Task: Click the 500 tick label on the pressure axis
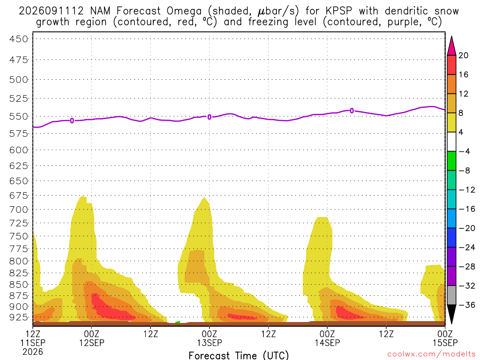click(x=19, y=80)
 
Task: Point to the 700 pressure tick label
click(x=19, y=210)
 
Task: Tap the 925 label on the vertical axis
click(x=19, y=317)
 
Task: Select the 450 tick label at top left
click(x=19, y=39)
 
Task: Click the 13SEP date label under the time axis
click(x=210, y=343)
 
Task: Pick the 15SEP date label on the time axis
click(x=445, y=343)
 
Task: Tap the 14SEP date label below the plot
click(x=327, y=343)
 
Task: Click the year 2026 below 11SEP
click(x=33, y=352)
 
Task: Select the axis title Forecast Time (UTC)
click(x=239, y=355)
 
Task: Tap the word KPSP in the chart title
click(x=339, y=11)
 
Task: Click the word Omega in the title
click(x=184, y=11)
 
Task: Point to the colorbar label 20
click(x=464, y=55)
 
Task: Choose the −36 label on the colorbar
click(x=467, y=305)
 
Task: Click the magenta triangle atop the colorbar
click(x=451, y=46)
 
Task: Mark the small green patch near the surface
click(x=178, y=322)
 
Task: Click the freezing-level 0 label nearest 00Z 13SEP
click(x=210, y=117)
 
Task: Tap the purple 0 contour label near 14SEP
click(x=352, y=111)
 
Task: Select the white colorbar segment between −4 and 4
click(x=451, y=142)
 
